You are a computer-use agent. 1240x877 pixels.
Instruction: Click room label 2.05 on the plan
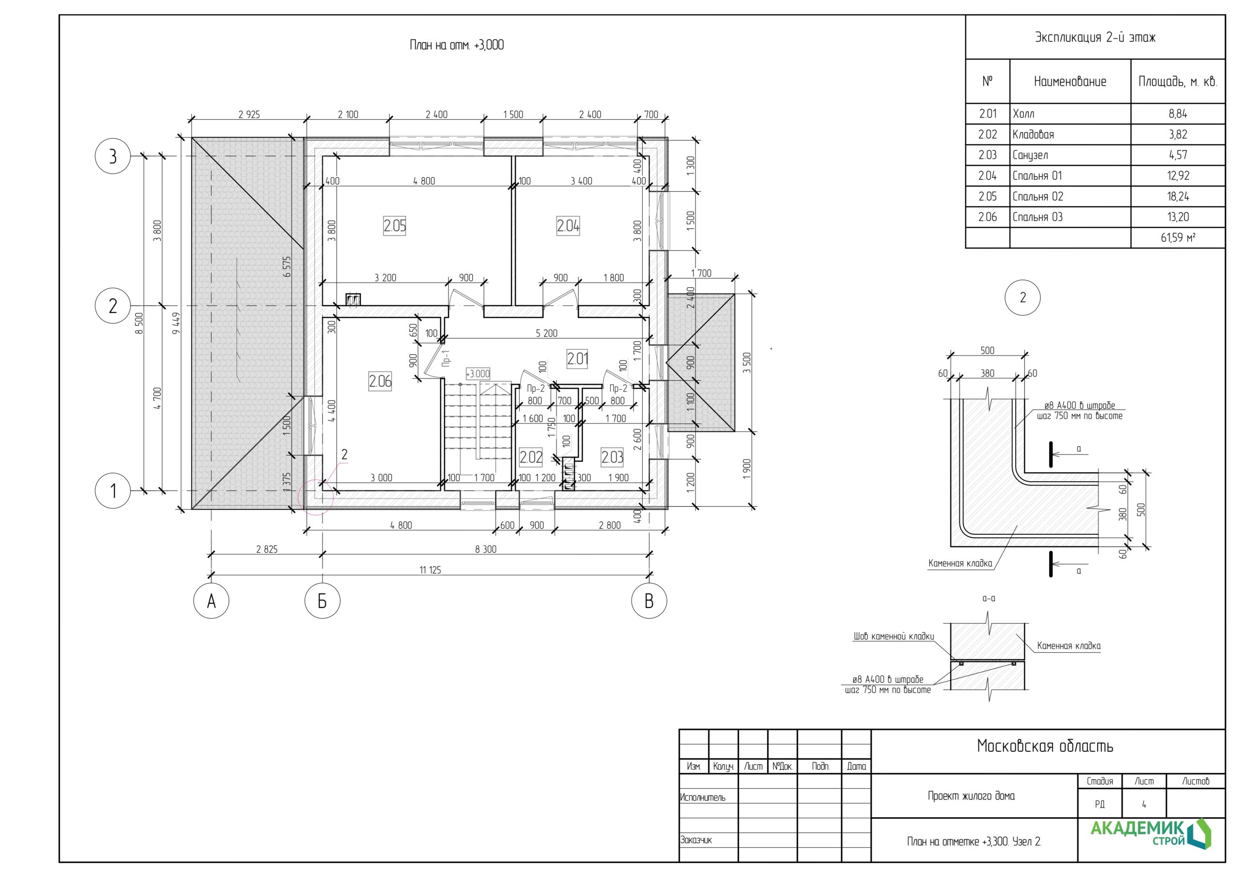click(x=395, y=225)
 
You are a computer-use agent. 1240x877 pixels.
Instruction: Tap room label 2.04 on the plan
click(x=568, y=225)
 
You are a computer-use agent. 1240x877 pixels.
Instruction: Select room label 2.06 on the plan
click(x=380, y=381)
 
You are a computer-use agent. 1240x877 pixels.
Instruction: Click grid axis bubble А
click(x=211, y=601)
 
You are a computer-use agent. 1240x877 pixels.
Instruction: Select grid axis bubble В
click(x=649, y=601)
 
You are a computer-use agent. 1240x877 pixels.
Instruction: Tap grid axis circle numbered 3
click(x=113, y=156)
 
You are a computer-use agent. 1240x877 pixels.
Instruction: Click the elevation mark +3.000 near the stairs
click(x=478, y=374)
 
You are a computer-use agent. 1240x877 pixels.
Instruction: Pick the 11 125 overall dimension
click(x=431, y=569)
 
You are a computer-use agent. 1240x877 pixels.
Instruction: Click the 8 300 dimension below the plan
click(x=486, y=549)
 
